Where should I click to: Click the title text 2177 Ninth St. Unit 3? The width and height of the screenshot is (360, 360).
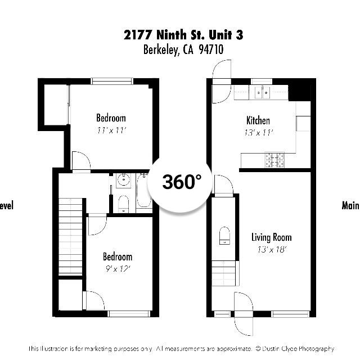[x=183, y=35]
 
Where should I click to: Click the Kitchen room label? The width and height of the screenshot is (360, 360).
[x=258, y=120]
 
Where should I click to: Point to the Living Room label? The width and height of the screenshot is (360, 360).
[x=271, y=237]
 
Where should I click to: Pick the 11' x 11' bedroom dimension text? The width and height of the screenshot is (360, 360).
[x=111, y=130]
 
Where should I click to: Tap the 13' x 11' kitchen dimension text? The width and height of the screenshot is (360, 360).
[x=258, y=132]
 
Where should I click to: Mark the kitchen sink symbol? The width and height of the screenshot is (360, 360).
[x=262, y=92]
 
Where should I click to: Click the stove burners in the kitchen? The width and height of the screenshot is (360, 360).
[x=275, y=160]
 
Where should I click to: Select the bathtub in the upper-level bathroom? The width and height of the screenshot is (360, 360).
[x=144, y=192]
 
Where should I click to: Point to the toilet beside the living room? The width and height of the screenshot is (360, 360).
[x=224, y=235]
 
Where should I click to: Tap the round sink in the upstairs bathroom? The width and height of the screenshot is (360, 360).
[x=123, y=181]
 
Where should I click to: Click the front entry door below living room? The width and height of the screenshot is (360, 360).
[x=244, y=313]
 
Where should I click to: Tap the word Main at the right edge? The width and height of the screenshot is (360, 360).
[x=350, y=205]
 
